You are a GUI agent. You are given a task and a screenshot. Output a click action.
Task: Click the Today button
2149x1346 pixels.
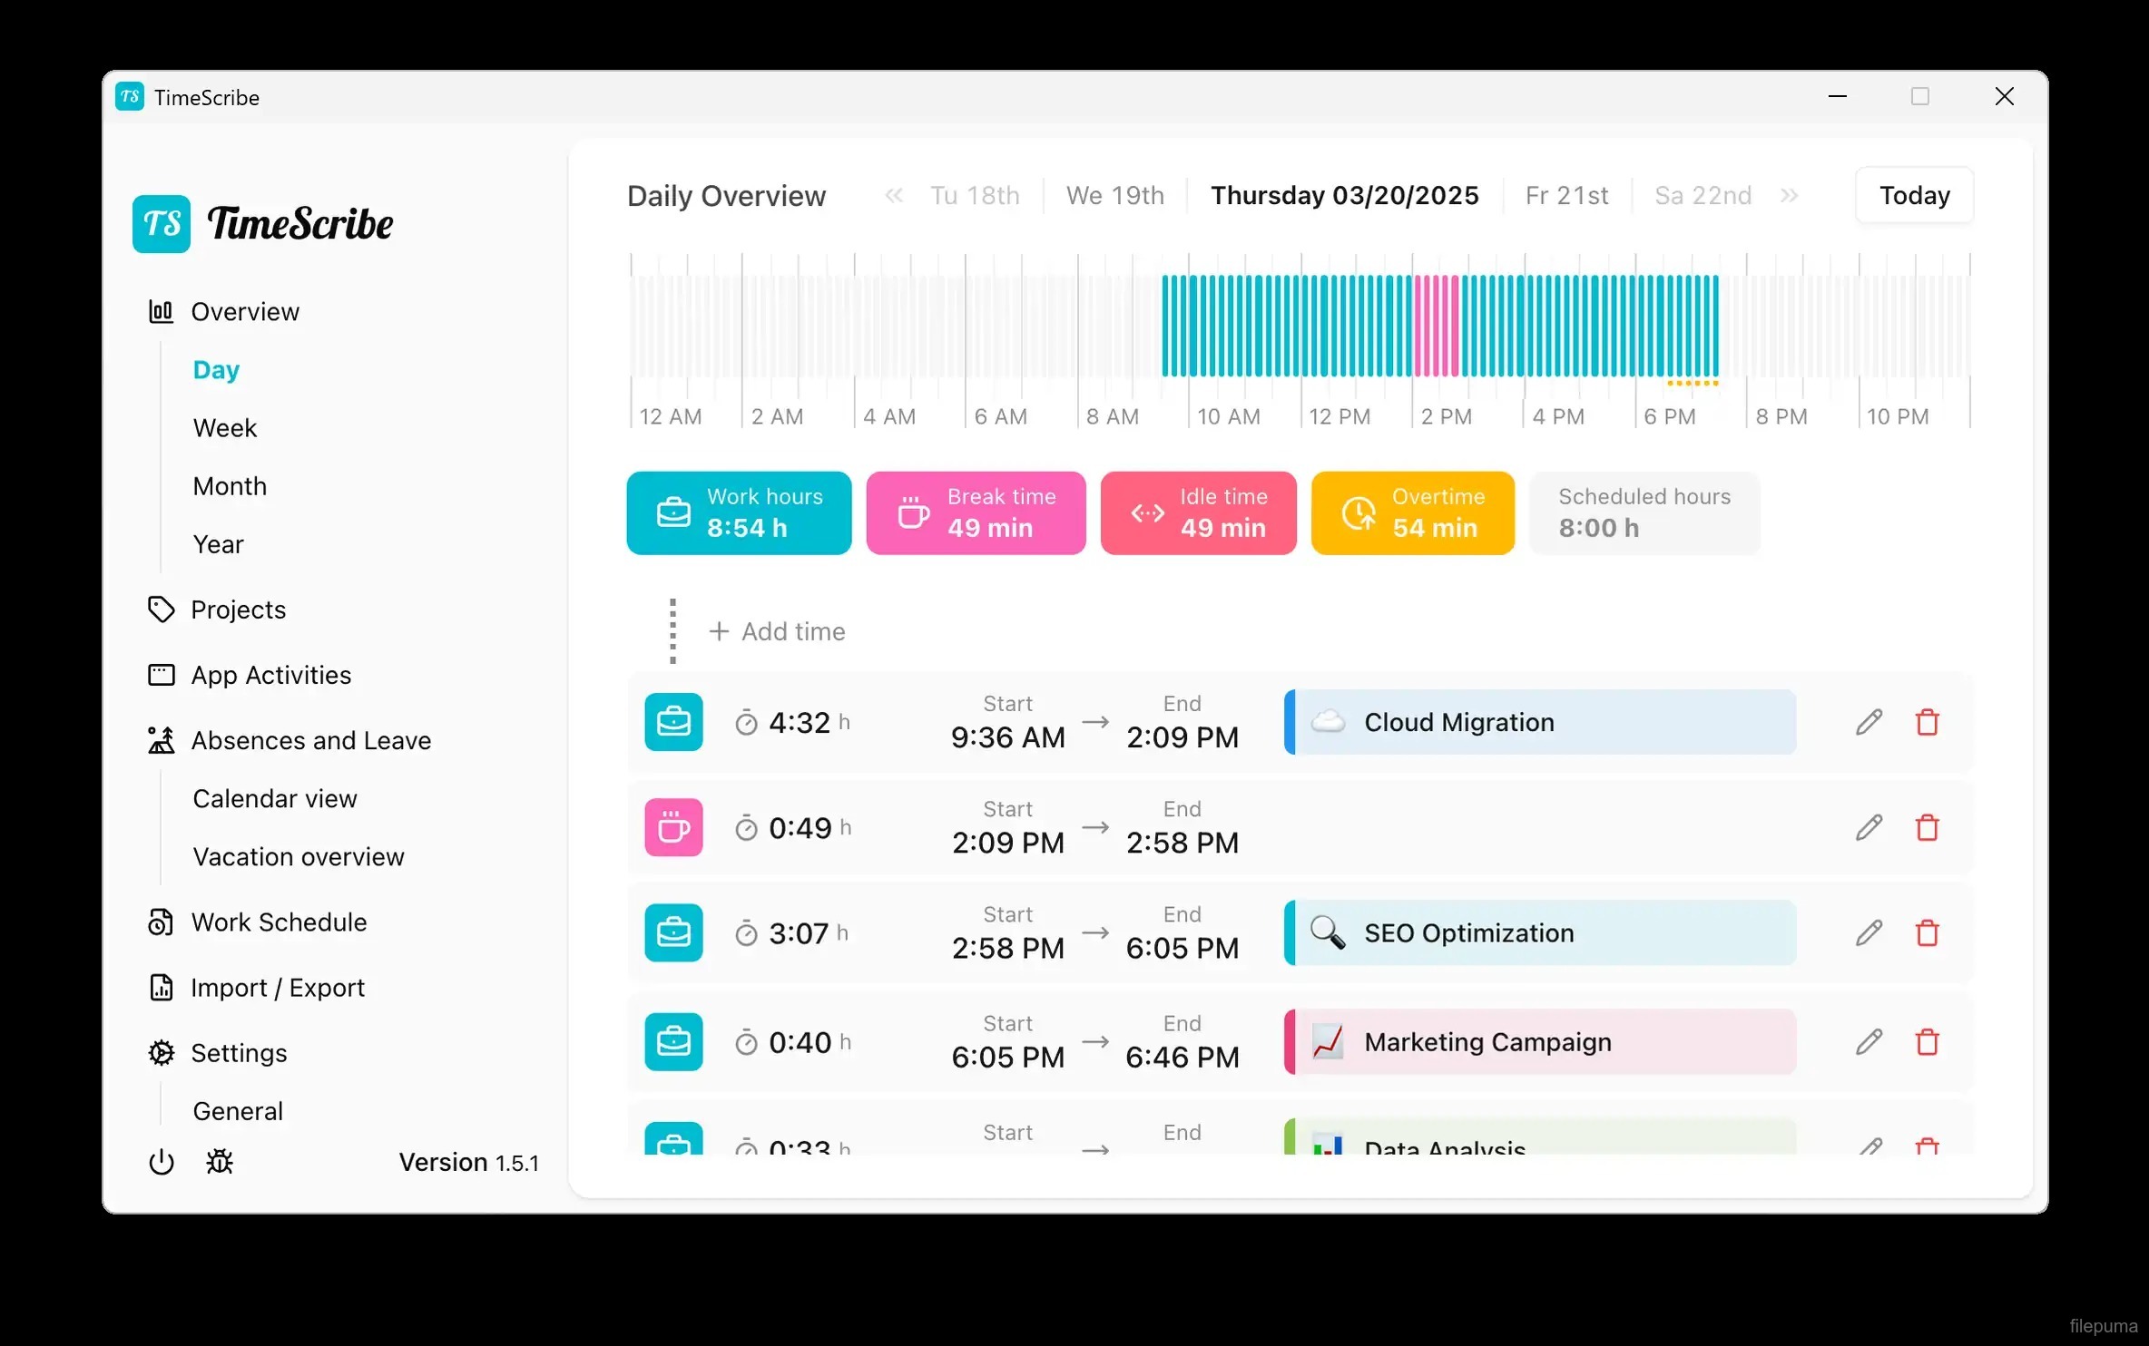coord(1914,196)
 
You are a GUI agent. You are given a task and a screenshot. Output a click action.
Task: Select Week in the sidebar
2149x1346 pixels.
coord(225,428)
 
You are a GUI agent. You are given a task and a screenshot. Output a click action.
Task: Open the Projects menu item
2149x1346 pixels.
coord(238,610)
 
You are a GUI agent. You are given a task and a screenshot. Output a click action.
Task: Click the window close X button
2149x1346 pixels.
coord(2004,97)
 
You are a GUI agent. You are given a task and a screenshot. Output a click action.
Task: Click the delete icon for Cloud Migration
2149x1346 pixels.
coord(1927,723)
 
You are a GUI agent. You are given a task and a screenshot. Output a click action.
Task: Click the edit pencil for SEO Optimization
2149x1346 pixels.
coord(1869,933)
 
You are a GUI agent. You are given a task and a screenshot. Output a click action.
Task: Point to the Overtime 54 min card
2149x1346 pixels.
coord(1412,513)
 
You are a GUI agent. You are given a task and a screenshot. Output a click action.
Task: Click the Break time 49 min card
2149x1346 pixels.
coord(976,513)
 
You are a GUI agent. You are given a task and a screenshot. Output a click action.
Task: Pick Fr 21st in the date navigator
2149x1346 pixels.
coord(1566,196)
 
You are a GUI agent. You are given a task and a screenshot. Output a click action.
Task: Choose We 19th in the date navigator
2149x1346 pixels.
coord(1114,196)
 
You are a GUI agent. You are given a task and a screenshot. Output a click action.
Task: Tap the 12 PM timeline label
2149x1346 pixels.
coord(1339,417)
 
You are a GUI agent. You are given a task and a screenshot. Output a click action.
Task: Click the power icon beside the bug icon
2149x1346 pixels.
coord(162,1162)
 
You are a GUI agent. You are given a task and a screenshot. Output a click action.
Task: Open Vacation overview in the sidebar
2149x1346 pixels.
coord(299,857)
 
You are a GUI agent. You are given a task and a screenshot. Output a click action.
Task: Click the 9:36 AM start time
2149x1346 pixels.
coord(1007,737)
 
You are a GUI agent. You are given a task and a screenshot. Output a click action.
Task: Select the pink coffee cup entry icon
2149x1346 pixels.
coord(673,827)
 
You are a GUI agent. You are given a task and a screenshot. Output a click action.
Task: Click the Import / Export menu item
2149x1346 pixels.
coord(278,988)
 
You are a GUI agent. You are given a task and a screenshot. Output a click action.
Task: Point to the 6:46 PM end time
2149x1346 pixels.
coord(1182,1058)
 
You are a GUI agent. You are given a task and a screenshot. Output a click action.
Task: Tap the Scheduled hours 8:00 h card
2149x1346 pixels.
coord(1644,513)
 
